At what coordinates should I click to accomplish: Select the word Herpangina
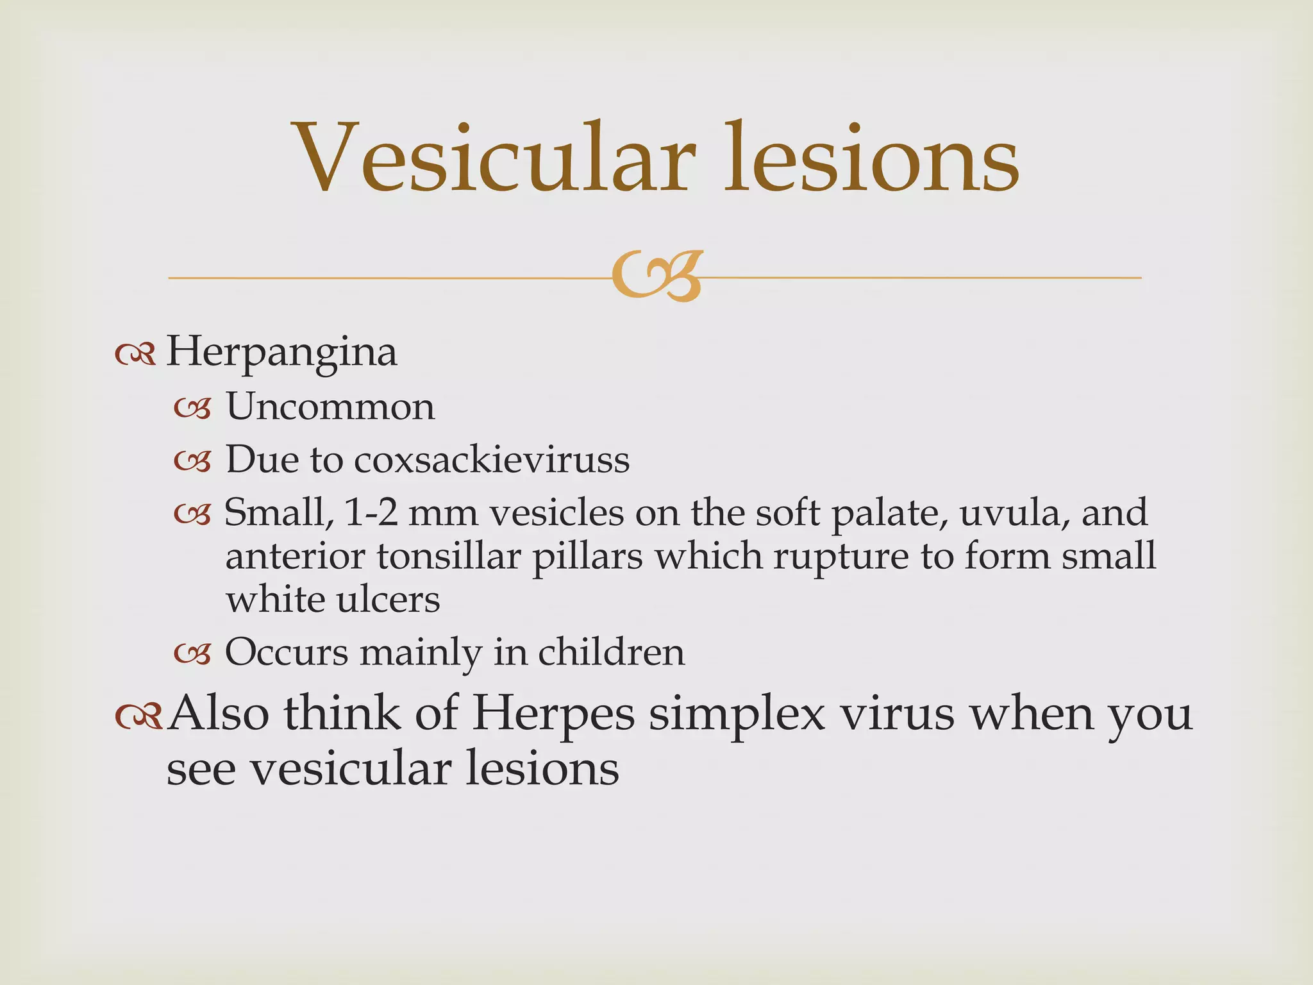pyautogui.click(x=281, y=353)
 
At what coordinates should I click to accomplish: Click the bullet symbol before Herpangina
pyautogui.click(x=135, y=354)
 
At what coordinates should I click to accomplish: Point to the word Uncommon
pyautogui.click(x=330, y=407)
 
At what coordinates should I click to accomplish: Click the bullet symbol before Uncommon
pyautogui.click(x=192, y=408)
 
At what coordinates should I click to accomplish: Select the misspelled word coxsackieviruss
pyautogui.click(x=492, y=460)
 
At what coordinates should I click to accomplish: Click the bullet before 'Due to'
pyautogui.click(x=192, y=461)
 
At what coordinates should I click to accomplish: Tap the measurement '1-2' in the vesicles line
pyautogui.click(x=371, y=513)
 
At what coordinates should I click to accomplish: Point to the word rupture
pyautogui.click(x=840, y=557)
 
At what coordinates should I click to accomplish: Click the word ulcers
pyautogui.click(x=389, y=600)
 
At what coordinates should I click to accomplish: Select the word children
pyautogui.click(x=611, y=653)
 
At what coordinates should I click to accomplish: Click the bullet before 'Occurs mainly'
pyautogui.click(x=192, y=654)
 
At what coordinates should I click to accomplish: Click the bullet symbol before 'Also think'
pyautogui.click(x=138, y=717)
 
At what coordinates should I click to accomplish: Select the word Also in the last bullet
pyautogui.click(x=217, y=714)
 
